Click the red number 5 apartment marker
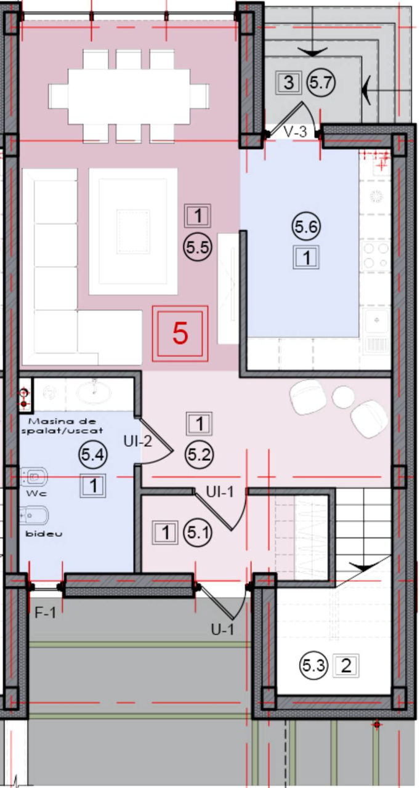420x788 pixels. point(180,333)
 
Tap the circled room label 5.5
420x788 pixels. point(198,247)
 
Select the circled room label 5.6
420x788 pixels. point(306,226)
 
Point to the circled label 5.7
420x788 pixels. point(321,83)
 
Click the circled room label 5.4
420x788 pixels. point(92,455)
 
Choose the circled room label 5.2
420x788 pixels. point(199,455)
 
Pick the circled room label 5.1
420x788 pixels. point(198,533)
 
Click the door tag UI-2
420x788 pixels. point(137,441)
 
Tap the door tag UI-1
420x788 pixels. point(220,492)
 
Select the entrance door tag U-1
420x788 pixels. point(222,629)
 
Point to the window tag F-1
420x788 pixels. point(45,613)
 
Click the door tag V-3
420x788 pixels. point(296,132)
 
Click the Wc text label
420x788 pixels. point(36,493)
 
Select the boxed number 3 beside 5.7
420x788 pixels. point(288,83)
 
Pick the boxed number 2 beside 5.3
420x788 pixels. point(346,665)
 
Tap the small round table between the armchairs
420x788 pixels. point(343,396)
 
